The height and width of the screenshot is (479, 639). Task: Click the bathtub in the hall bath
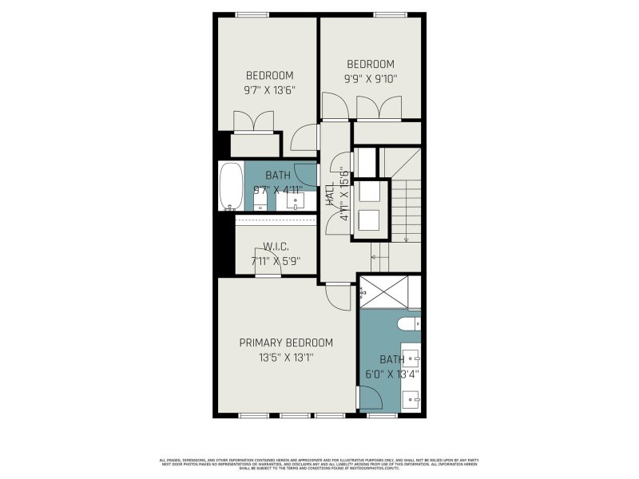coord(231,187)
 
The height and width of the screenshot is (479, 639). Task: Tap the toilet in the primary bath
coord(407,323)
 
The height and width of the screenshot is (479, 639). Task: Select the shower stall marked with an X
coord(389,291)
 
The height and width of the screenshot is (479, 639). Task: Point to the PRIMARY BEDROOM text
coord(286,342)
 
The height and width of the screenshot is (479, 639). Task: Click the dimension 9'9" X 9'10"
coord(371,78)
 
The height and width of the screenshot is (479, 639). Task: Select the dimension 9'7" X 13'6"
coord(269,90)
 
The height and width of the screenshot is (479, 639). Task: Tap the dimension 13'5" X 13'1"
coord(286,358)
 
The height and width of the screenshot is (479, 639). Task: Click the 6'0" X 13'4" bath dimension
coord(392,373)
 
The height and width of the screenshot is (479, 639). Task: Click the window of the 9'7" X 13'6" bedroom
coord(252,14)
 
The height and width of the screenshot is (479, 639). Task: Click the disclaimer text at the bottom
coord(319,463)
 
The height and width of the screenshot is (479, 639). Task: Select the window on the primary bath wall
coord(383,415)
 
